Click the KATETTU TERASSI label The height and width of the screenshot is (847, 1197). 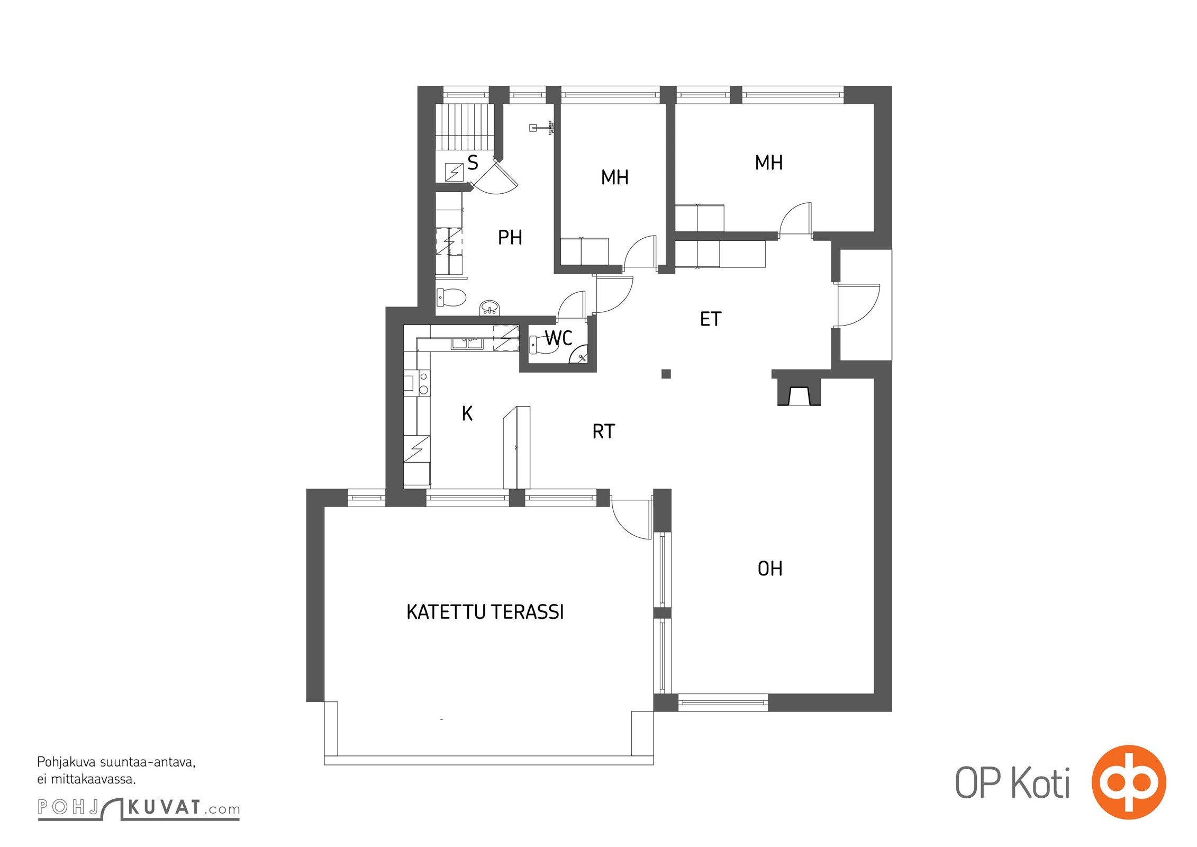(485, 612)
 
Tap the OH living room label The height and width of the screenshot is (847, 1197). (770, 569)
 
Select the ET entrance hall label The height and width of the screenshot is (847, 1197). (710, 319)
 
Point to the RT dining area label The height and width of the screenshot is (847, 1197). (604, 431)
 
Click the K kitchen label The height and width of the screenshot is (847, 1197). (467, 413)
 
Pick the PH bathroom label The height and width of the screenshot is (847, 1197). (510, 238)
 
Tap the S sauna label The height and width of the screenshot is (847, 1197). (473, 163)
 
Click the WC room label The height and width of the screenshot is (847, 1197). (559, 338)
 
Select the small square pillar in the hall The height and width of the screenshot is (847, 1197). (666, 374)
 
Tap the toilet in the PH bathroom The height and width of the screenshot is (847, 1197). (451, 298)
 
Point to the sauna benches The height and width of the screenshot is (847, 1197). (464, 128)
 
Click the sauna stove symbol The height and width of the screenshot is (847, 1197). (454, 172)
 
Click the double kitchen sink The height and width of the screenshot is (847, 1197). (467, 343)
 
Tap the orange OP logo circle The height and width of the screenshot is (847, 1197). (1129, 782)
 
